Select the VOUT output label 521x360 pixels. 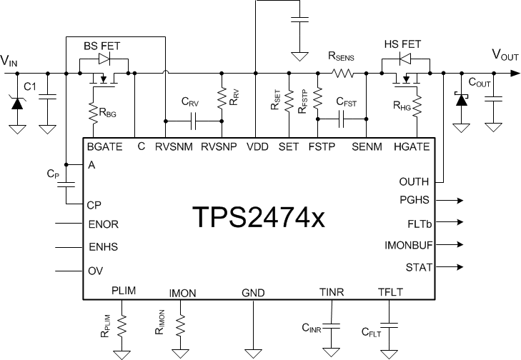[505, 55]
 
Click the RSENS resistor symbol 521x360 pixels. [341, 72]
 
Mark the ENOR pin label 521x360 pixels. [104, 224]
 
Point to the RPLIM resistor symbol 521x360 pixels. [124, 325]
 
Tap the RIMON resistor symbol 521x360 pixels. [182, 325]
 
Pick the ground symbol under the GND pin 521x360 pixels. [254, 351]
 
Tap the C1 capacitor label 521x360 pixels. [30, 86]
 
